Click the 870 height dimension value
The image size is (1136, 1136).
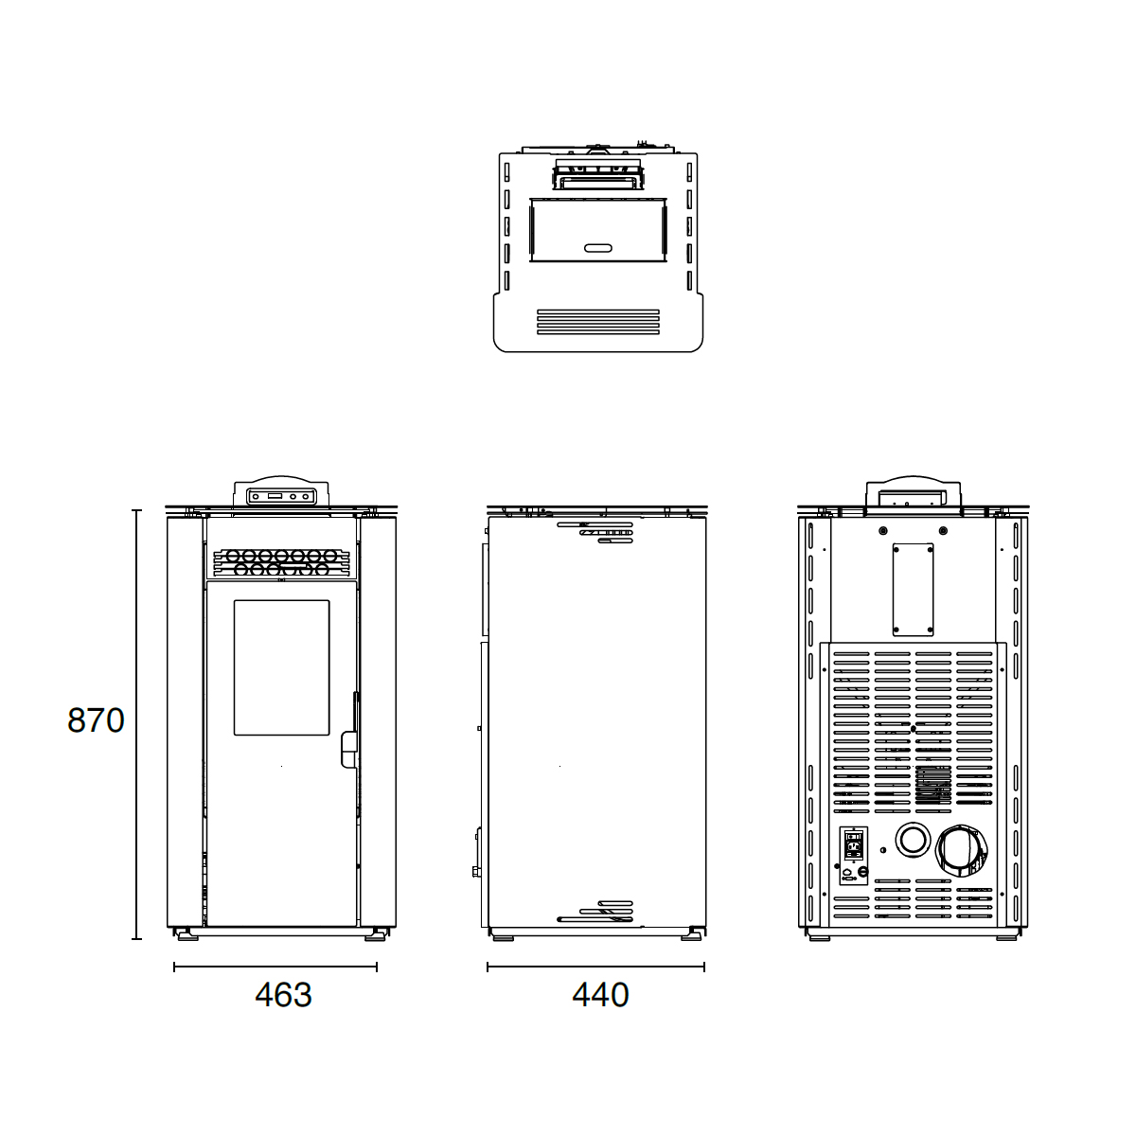coord(96,720)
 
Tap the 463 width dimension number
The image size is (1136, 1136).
coord(283,995)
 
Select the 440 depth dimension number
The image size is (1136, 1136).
coord(600,995)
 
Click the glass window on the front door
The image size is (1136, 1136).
coord(282,667)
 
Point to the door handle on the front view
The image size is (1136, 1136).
coord(347,748)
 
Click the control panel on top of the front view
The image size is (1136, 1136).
coord(281,495)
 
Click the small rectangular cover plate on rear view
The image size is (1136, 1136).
coord(913,589)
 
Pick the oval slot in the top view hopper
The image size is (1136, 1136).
coord(598,248)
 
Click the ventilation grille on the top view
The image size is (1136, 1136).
coord(598,321)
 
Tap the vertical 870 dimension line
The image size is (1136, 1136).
coord(137,724)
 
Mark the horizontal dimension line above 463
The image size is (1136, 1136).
coord(275,967)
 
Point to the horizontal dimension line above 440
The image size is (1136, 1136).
coord(595,967)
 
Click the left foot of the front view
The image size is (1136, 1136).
coord(186,935)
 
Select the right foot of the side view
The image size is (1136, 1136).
coord(692,936)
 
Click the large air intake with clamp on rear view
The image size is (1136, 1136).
coord(960,849)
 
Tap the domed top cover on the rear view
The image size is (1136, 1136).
coord(914,492)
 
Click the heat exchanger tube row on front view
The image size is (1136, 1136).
coord(281,562)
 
